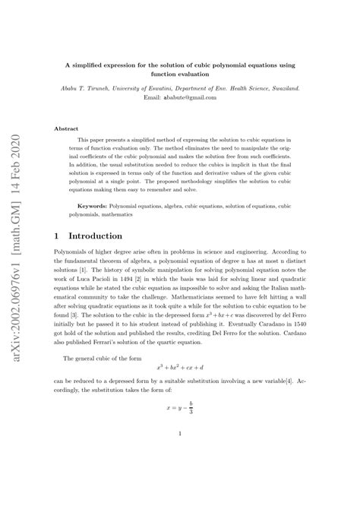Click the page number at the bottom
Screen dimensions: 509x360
point(179,456)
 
